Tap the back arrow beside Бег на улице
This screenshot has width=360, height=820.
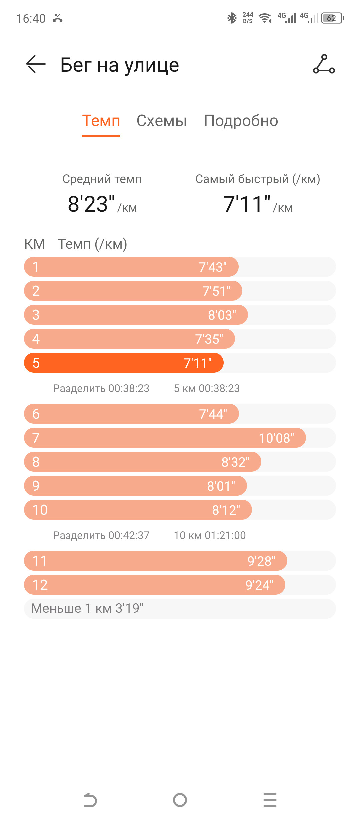[x=36, y=64]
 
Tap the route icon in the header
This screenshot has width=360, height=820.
[x=324, y=64]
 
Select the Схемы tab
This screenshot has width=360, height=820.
[x=162, y=121]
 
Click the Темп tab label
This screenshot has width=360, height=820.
[x=101, y=121]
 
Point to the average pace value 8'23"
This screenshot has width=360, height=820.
[x=91, y=204]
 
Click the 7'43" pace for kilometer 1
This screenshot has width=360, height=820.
[x=213, y=267]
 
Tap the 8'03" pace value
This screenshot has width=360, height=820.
[x=222, y=315]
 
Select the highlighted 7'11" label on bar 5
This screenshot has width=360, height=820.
[x=198, y=363]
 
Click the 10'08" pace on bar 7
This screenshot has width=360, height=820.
[x=276, y=438]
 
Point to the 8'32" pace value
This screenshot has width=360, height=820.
[x=235, y=462]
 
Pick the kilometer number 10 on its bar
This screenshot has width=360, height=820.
[x=40, y=510]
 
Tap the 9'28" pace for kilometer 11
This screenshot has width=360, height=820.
[x=261, y=561]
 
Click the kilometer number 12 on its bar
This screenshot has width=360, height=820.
[x=40, y=585]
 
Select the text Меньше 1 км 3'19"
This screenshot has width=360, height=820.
[x=87, y=608]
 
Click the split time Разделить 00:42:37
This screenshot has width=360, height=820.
[x=101, y=535]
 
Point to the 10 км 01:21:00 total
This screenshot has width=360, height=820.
[x=210, y=535]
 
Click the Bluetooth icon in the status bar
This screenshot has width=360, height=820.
[x=232, y=18]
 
